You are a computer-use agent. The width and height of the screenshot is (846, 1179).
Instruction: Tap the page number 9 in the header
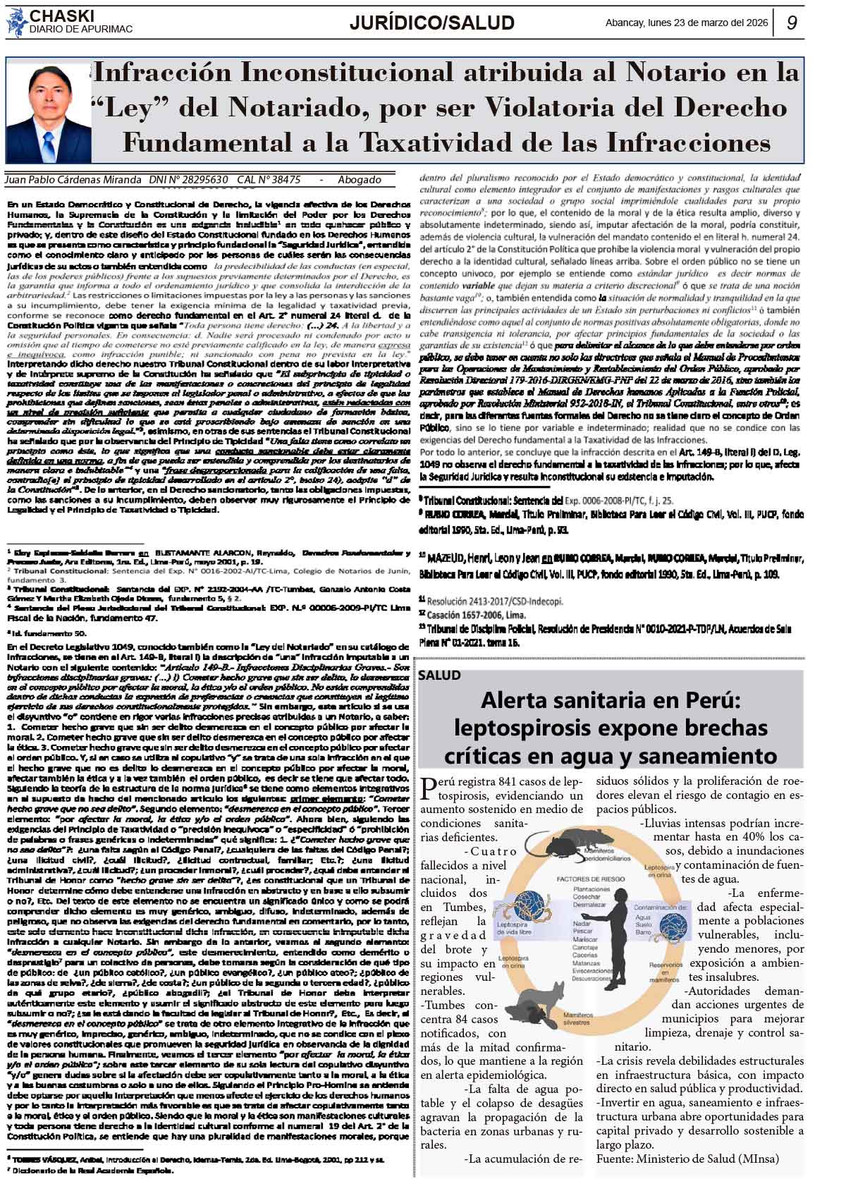pyautogui.click(x=791, y=23)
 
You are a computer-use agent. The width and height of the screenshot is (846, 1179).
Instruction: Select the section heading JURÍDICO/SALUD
pyautogui.click(x=431, y=23)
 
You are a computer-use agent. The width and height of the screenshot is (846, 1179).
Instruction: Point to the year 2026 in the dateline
pyautogui.click(x=756, y=23)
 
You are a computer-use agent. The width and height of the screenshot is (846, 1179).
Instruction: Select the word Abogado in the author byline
pyautogui.click(x=359, y=180)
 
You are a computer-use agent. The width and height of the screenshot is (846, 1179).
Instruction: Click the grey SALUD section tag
pyautogui.click(x=439, y=675)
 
